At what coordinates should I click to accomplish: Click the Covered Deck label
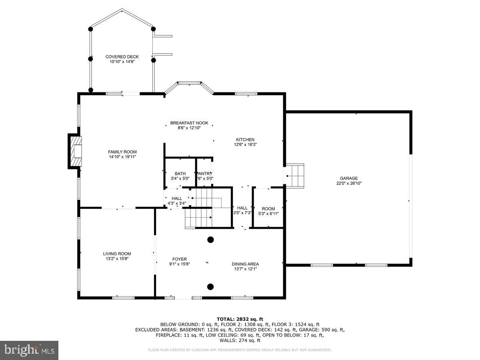[122, 57]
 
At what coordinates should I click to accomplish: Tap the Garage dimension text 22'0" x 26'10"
[349, 184]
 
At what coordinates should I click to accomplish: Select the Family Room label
[122, 152]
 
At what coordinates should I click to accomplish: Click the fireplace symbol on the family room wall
[75, 151]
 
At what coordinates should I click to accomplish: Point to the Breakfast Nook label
[189, 123]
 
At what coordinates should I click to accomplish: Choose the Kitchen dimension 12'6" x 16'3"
[245, 144]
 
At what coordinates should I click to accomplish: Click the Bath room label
[180, 174]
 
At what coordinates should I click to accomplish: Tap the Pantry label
[204, 174]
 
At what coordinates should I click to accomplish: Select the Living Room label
[117, 254]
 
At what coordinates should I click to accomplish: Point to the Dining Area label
[245, 264]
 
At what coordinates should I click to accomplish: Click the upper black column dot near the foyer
[210, 240]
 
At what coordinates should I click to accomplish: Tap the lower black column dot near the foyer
[210, 286]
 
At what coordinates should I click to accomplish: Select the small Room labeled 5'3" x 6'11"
[268, 209]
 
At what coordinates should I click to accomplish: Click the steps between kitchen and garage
[296, 175]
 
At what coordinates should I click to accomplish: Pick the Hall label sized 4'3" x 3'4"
[176, 198]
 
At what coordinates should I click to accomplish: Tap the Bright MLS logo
[29, 350]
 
